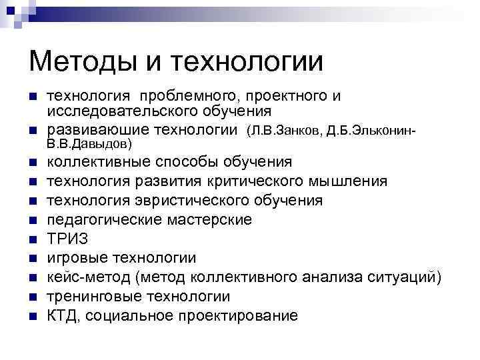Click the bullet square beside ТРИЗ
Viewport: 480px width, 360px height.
(32, 239)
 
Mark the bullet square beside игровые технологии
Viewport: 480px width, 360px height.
(32, 258)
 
